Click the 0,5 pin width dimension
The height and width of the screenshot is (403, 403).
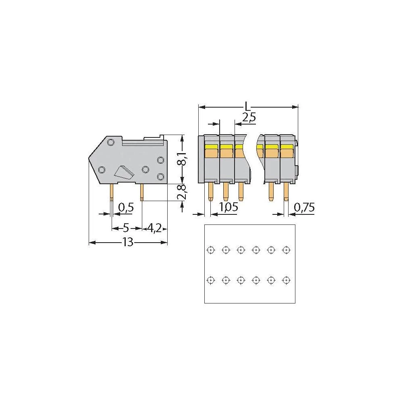126,208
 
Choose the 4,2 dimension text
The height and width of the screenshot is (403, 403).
154,228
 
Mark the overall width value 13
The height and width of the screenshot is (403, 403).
127,243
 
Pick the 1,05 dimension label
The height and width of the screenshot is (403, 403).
228,208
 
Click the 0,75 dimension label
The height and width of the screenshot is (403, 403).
304,208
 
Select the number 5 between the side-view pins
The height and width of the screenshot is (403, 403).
126,228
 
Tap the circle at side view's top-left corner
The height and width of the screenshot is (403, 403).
110,142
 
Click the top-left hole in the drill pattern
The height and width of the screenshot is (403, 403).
210,250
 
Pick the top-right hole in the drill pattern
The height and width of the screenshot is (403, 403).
286,250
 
